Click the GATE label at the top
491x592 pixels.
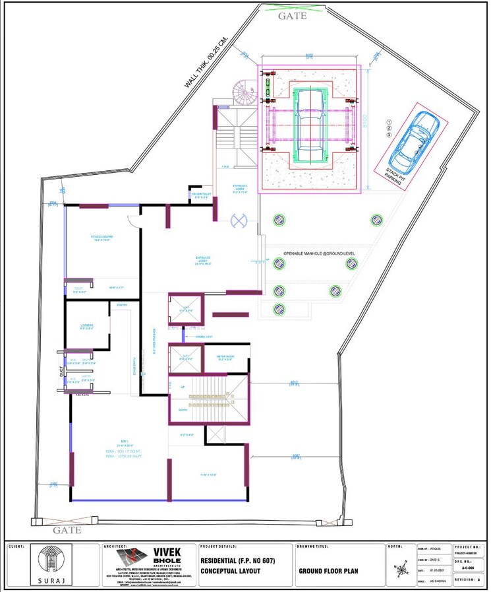pyautogui.click(x=292, y=16)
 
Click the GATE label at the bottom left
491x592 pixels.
pyautogui.click(x=67, y=529)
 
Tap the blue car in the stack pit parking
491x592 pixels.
pyautogui.click(x=414, y=140)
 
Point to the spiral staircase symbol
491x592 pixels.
pyautogui.click(x=245, y=94)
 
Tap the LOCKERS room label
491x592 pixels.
pyautogui.click(x=87, y=325)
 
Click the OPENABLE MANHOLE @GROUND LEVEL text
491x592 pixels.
pyautogui.click(x=319, y=253)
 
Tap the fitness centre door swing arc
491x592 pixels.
pyautogui.click(x=134, y=221)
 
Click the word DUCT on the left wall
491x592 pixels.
pyautogui.click(x=59, y=373)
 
